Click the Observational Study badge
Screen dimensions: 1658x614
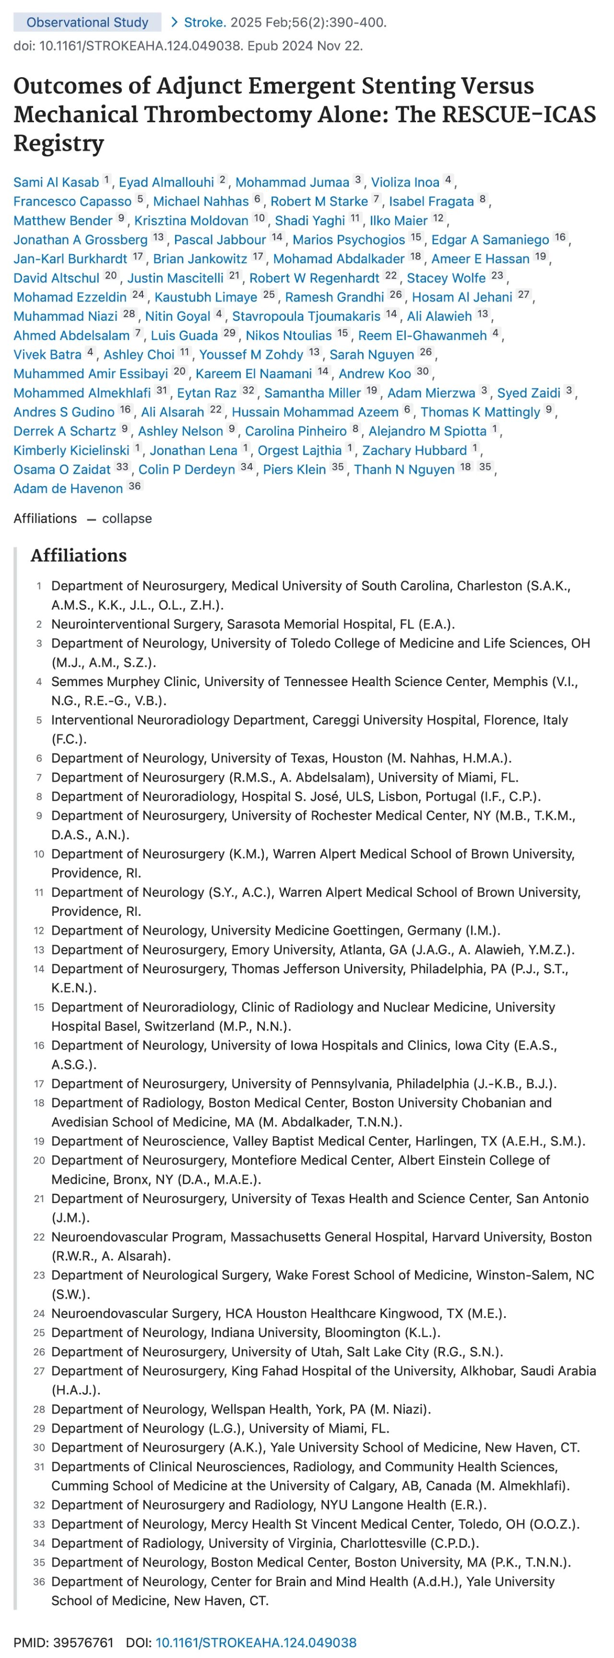(x=87, y=23)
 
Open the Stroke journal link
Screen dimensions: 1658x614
(x=205, y=23)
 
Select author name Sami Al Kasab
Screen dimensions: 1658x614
(x=56, y=182)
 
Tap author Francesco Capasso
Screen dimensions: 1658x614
(x=72, y=201)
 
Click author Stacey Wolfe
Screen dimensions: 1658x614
(x=446, y=278)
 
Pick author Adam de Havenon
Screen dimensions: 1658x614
(x=68, y=489)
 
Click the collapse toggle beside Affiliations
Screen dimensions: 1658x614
(x=127, y=518)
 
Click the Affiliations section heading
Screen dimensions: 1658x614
(x=79, y=555)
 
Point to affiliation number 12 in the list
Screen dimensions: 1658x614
(x=39, y=931)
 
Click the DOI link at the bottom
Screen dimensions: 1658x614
(x=256, y=1643)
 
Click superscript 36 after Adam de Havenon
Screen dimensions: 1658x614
(x=134, y=487)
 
